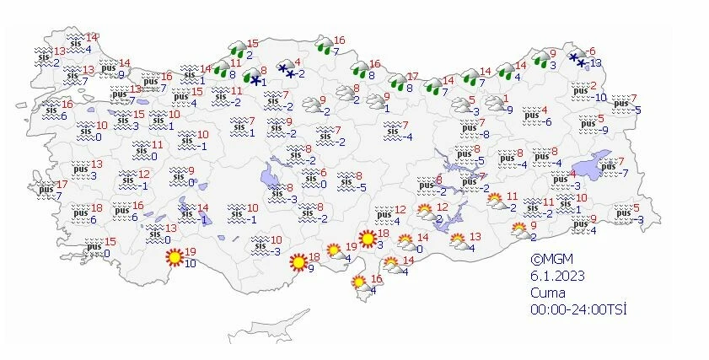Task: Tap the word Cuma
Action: (549, 293)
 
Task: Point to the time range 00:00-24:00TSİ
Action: (578, 309)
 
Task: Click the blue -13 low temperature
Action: (595, 63)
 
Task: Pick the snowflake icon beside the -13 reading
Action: (577, 58)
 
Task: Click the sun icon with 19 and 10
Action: (175, 256)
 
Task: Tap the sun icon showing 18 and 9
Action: (298, 262)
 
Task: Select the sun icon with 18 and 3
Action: (367, 239)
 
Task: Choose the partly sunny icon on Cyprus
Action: (358, 283)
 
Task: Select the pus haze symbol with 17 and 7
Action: (46, 190)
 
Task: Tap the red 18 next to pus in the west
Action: (97, 208)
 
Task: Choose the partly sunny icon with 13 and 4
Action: (459, 242)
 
